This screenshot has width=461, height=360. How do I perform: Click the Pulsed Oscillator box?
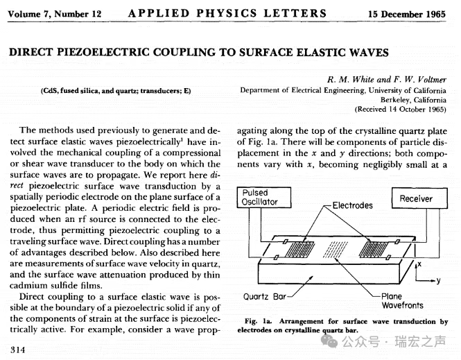(261, 197)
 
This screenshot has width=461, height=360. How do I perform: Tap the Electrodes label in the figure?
(352, 205)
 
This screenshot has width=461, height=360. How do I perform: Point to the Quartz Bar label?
(267, 298)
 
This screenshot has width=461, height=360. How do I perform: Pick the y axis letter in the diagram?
(438, 280)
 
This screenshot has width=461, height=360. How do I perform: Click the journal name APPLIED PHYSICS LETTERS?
(227, 13)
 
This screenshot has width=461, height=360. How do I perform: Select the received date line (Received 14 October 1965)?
(401, 109)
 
